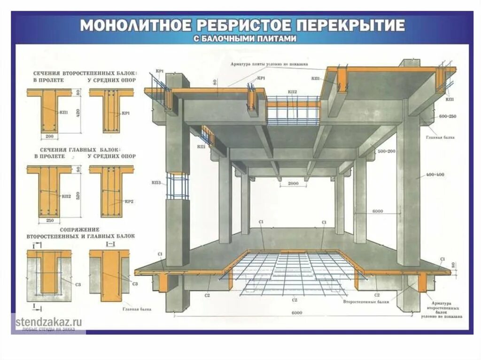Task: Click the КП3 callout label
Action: (157, 182)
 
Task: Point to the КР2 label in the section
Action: (130, 201)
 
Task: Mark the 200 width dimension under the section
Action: (50, 137)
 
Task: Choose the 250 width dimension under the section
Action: (50, 220)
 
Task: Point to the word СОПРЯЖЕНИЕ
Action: (53, 230)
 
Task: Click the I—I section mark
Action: (111, 244)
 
